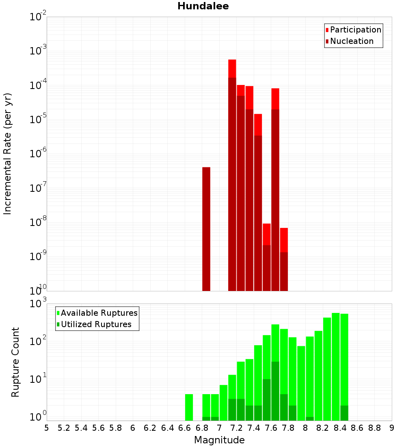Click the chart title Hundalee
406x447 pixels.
click(203, 6)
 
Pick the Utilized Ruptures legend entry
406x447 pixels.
click(96, 324)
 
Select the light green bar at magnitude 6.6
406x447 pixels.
click(189, 407)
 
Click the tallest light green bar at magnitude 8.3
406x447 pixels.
click(336, 366)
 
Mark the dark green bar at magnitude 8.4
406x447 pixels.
click(344, 413)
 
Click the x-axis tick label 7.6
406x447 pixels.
click(271, 428)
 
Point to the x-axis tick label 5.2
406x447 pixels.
click(64, 428)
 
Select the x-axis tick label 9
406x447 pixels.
click(392, 428)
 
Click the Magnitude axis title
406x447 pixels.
click(219, 440)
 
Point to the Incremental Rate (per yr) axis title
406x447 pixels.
click(8, 154)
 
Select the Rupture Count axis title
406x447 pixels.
click(15, 362)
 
